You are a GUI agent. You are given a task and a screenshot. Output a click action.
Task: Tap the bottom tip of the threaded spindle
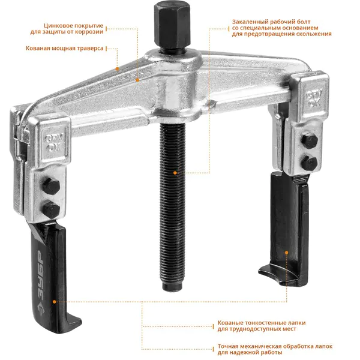[x=172, y=288]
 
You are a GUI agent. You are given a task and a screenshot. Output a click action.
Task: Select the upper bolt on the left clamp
[x=51, y=186]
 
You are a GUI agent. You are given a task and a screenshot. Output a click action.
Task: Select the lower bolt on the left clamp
[x=51, y=210]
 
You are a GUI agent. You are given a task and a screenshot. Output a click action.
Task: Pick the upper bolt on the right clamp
[x=310, y=140]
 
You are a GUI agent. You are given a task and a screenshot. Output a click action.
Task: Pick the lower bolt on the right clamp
[x=309, y=163]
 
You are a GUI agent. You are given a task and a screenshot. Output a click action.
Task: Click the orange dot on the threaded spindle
[x=175, y=173]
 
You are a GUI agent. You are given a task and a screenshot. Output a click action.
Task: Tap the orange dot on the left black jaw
[x=55, y=302]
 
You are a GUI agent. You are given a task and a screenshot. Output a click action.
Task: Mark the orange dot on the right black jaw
[x=287, y=253]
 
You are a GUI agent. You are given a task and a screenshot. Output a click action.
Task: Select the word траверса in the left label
[x=91, y=48]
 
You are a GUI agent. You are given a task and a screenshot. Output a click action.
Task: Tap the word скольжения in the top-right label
[x=315, y=34]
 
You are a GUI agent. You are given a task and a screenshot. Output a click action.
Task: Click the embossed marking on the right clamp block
[x=314, y=98]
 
